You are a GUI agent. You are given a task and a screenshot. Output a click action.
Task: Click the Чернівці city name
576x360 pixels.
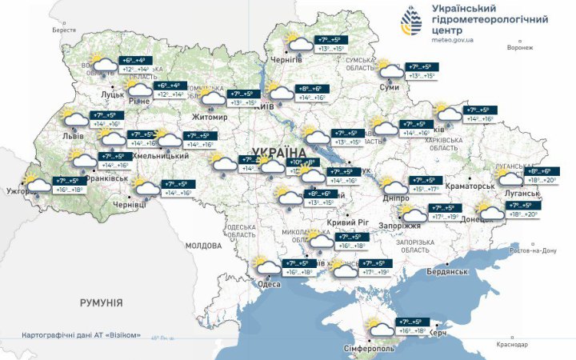point(130,205)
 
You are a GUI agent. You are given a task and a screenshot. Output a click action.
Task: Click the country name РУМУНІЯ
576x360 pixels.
point(101,302)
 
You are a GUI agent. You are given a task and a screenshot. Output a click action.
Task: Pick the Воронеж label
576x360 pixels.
point(519,47)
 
